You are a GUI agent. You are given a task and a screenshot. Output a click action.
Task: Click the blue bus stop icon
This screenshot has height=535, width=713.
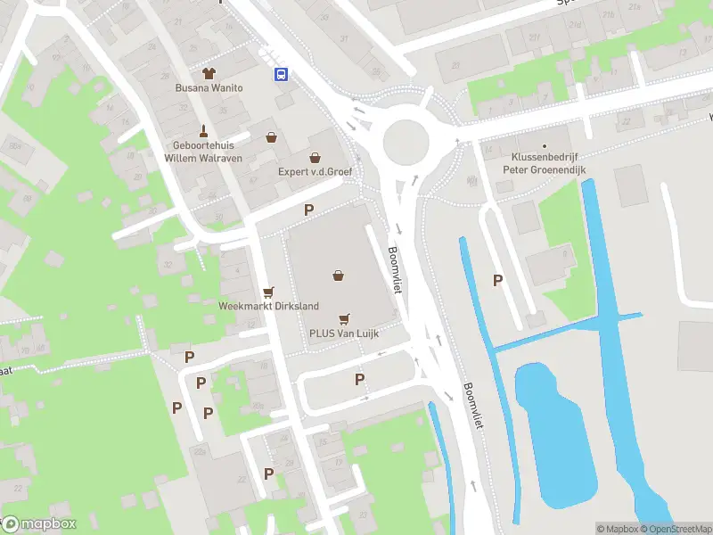[281, 75]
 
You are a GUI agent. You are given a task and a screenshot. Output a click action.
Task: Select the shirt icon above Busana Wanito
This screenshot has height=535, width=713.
[210, 72]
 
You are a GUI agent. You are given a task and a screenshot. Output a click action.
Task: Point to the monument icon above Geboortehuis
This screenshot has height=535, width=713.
[204, 130]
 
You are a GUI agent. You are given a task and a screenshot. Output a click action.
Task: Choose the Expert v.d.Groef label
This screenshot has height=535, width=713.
[315, 172]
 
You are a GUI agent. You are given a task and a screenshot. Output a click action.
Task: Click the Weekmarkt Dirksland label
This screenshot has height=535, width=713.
[268, 306]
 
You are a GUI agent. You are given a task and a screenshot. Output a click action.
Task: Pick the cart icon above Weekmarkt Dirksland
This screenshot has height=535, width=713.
[268, 291]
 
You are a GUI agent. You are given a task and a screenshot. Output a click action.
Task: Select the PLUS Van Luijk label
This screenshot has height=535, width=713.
[344, 333]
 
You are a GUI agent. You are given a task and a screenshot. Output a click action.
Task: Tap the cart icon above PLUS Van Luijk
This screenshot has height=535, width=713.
[344, 318]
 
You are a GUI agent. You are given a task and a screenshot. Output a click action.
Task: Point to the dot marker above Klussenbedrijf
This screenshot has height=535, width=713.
[545, 144]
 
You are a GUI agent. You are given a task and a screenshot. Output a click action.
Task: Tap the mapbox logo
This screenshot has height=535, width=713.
[38, 524]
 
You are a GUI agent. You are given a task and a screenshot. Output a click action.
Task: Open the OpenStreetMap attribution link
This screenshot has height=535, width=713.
[676, 529]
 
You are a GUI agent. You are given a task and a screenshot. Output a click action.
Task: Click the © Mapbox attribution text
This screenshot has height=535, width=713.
[617, 529]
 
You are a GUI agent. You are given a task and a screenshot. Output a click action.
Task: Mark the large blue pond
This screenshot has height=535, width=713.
[554, 429]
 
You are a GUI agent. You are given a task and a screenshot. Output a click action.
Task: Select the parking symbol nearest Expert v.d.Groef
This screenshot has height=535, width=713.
[309, 210]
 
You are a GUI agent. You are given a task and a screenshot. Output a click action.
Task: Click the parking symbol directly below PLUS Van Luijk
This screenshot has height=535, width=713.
[360, 380]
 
